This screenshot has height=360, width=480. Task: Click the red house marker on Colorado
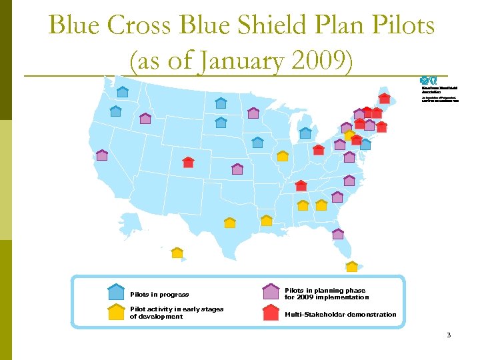[188, 162]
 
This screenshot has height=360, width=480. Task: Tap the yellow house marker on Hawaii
[177, 253]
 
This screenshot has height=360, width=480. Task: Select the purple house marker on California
[102, 155]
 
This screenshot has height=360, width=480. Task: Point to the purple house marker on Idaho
[145, 119]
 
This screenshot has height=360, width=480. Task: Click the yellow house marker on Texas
[230, 223]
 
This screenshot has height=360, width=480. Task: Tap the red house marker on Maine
[385, 98]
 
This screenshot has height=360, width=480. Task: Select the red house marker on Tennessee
[301, 185]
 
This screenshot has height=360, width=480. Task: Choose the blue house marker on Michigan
[305, 133]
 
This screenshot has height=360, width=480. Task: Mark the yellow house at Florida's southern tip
[352, 267]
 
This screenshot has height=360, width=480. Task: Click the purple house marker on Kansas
[237, 169]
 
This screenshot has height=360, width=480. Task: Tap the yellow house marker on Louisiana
[267, 220]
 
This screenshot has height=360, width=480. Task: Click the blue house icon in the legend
[116, 292]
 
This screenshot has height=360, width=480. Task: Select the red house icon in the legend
[270, 313]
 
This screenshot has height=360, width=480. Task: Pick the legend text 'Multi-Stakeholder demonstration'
[340, 315]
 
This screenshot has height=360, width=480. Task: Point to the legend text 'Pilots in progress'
[159, 295]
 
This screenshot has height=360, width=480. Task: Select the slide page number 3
[449, 335]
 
